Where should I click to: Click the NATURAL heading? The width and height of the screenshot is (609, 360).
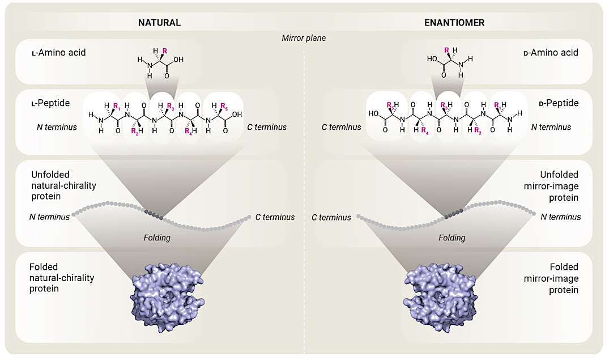point(160,23)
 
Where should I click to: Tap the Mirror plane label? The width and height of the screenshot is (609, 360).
point(304,38)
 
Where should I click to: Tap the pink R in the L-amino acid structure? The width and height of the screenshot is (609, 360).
point(165,51)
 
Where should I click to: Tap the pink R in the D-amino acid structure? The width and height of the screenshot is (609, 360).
point(446,51)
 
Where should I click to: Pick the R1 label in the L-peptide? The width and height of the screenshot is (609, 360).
point(117,106)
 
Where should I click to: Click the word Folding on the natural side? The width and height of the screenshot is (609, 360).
point(157,238)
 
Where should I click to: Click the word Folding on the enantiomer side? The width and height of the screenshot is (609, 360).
point(452,238)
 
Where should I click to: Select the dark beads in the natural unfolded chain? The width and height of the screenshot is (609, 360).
point(154,214)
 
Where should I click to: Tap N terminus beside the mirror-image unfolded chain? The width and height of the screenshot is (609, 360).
point(560,217)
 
